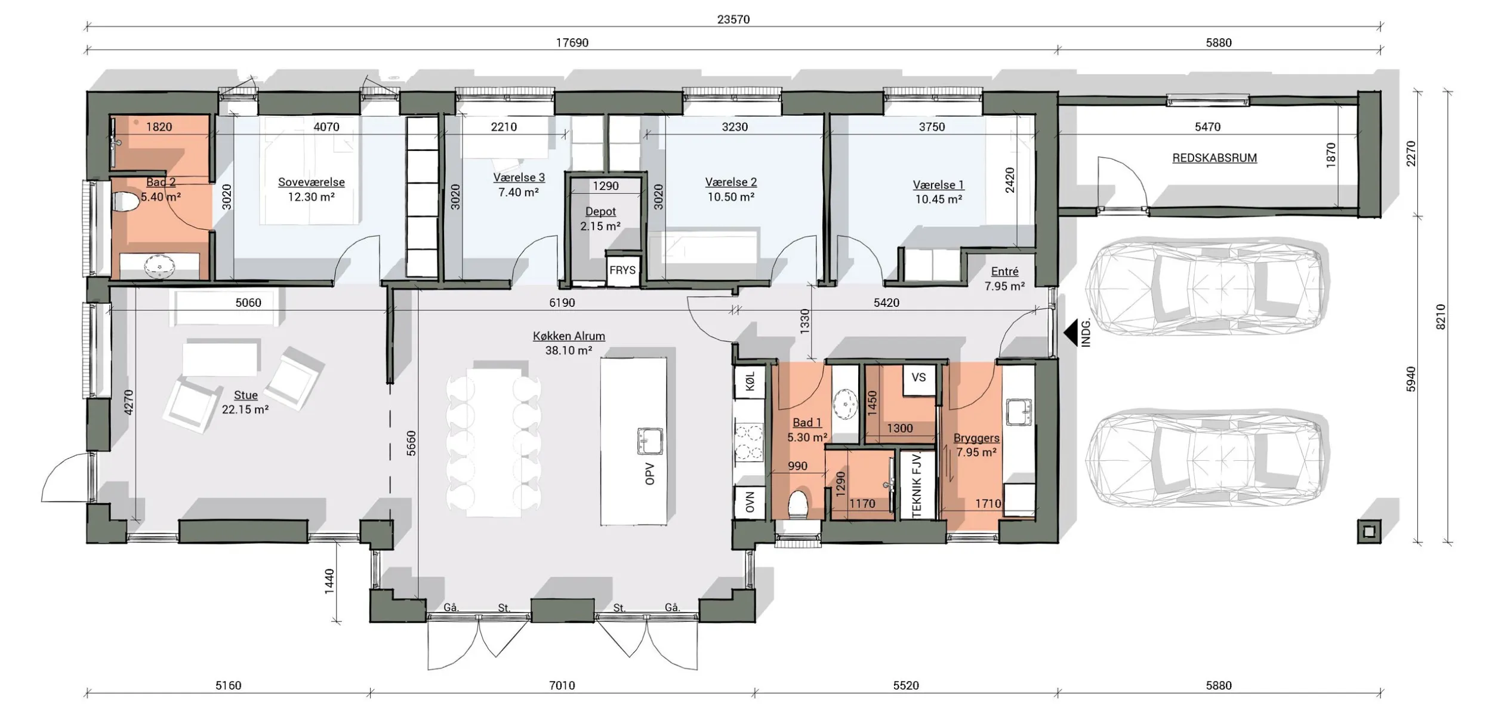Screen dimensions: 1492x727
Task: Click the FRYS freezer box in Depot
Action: (x=622, y=270)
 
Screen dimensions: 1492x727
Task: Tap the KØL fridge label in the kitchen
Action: (x=750, y=381)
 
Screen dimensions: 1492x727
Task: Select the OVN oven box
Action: (x=750, y=503)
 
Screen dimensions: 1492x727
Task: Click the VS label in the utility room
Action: (x=918, y=377)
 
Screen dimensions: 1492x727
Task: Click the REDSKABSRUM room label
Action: (x=1214, y=158)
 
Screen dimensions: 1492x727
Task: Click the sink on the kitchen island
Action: (x=649, y=441)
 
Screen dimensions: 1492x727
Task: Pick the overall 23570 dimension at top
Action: (x=733, y=20)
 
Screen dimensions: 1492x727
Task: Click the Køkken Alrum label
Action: (x=569, y=336)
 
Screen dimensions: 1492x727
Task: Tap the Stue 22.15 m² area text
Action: (x=245, y=409)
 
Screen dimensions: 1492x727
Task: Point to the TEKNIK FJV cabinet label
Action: (x=917, y=485)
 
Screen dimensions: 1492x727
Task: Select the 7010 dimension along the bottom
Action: (x=562, y=685)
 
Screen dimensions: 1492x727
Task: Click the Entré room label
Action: (x=1004, y=272)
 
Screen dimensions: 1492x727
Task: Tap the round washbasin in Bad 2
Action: (x=159, y=266)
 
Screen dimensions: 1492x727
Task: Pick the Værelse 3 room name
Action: (x=519, y=177)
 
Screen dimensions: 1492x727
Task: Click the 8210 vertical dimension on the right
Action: (x=1440, y=317)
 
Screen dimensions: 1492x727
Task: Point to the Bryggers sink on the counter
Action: (x=1019, y=412)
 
